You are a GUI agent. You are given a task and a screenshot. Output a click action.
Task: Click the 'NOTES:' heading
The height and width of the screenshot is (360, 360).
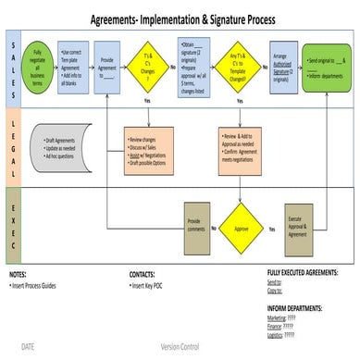19,275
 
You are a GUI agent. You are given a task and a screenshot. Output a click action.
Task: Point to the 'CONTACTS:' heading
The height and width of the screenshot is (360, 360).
146,275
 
